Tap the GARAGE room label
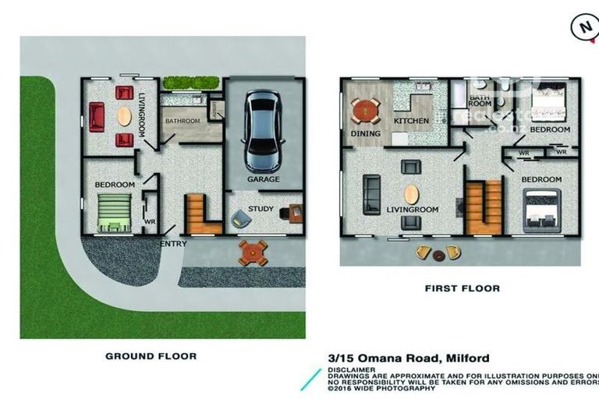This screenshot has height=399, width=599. pos(263,179)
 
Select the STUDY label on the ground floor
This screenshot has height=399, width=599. pos(261,209)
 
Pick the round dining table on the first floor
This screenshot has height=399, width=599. pos(366,111)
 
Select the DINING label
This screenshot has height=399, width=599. pos(366,133)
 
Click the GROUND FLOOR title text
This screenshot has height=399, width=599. pos(151,356)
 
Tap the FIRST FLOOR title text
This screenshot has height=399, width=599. pos(462,288)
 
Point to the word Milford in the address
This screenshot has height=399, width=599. pos(467,358)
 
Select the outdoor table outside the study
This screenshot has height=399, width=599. pos(253,252)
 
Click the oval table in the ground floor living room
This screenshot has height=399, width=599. pos(123,117)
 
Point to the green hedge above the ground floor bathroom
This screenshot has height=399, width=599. pos(189,83)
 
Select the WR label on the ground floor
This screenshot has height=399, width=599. pos(150,221)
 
